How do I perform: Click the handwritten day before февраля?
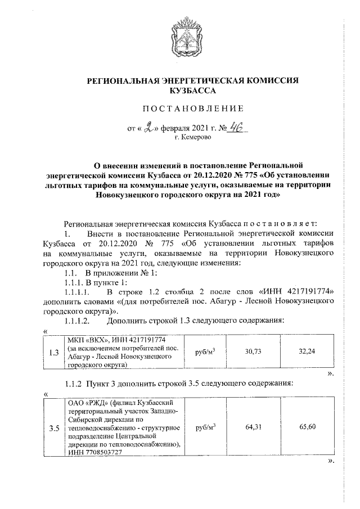150,128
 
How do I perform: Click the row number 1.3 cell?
55,353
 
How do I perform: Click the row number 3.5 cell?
55,429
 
